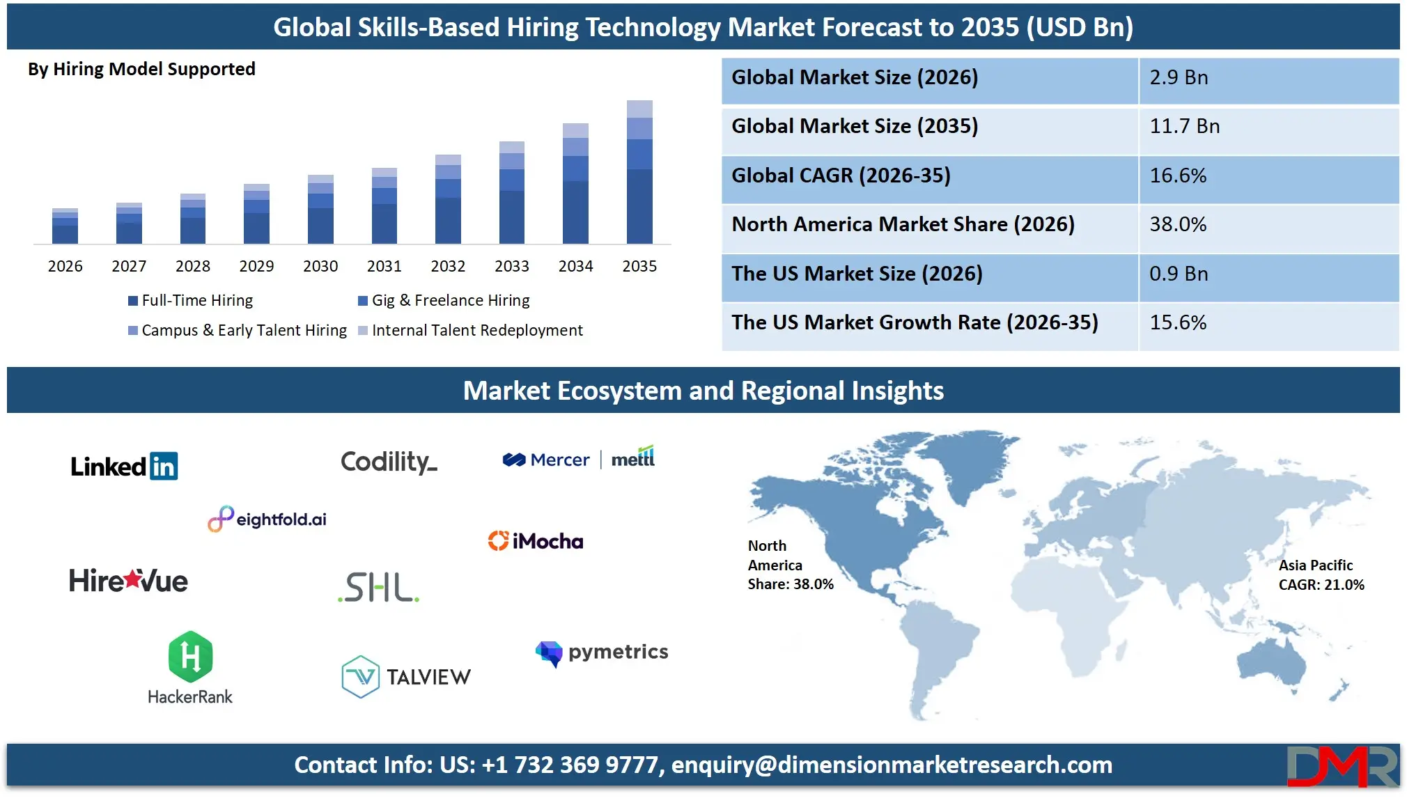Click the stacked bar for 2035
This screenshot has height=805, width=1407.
pos(639,172)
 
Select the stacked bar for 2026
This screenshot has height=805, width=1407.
pos(65,226)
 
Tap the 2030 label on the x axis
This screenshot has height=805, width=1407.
pos(320,266)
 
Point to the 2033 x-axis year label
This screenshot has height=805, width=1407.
pos(512,266)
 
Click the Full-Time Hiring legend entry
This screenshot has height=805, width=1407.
pos(191,301)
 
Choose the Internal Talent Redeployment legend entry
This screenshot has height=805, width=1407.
pos(471,331)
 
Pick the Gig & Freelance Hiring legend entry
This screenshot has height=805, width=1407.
pos(444,301)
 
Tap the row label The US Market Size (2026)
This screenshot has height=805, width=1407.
pos(857,274)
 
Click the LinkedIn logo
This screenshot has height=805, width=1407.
pos(124,467)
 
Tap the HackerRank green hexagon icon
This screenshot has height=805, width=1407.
pos(190,656)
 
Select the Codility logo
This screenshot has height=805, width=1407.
pos(389,462)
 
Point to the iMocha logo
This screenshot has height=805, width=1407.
pos(536,541)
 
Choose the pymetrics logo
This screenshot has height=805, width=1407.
pos(602,652)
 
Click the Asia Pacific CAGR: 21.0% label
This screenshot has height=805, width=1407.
pos(1321,575)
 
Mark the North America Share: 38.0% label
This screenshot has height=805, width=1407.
pos(790,565)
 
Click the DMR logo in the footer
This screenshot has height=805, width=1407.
pos(1342,766)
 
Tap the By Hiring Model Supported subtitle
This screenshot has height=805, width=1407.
pos(141,69)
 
